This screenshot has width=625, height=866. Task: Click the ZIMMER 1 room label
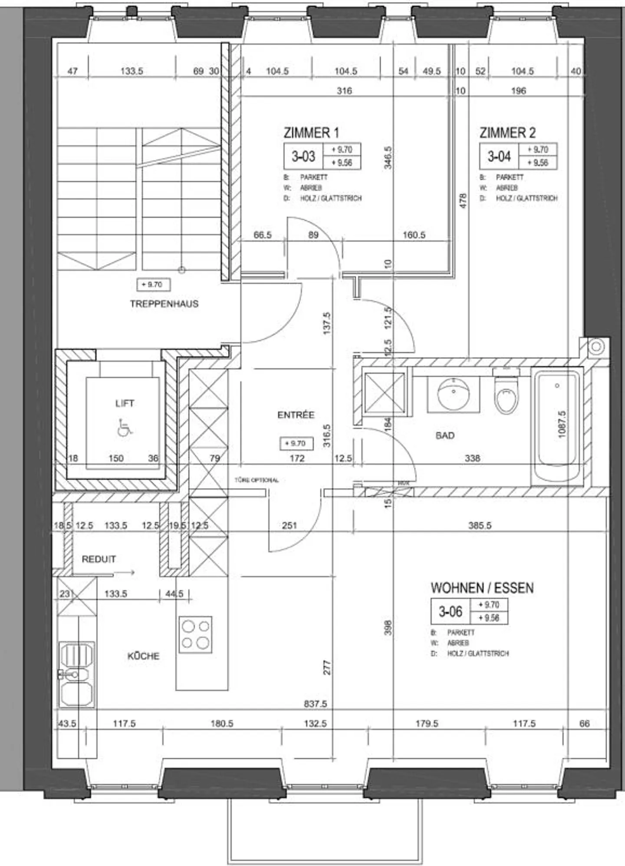coord(311,133)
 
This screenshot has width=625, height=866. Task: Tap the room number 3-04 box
coord(499,156)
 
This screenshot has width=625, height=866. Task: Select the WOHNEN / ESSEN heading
coord(482,588)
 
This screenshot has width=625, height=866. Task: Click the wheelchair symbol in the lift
coord(125,428)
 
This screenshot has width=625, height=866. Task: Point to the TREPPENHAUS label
coord(164,304)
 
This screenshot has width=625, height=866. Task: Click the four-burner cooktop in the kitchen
coord(195,634)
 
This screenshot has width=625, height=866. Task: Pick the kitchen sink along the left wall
coord(76,674)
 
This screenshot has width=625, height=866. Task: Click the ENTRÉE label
coord(296,415)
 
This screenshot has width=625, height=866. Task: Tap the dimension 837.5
coord(316,703)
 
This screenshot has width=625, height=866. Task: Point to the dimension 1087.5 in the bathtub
coord(562,425)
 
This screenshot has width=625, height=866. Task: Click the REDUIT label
coord(99,559)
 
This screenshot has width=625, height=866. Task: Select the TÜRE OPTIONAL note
coord(257,480)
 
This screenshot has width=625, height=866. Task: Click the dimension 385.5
coord(480,526)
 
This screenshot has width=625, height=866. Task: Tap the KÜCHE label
coord(143,656)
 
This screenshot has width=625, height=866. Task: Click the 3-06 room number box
coord(451,612)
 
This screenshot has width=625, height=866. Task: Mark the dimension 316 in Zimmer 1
coord(344,91)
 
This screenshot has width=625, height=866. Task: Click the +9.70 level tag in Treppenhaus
coord(153,285)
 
